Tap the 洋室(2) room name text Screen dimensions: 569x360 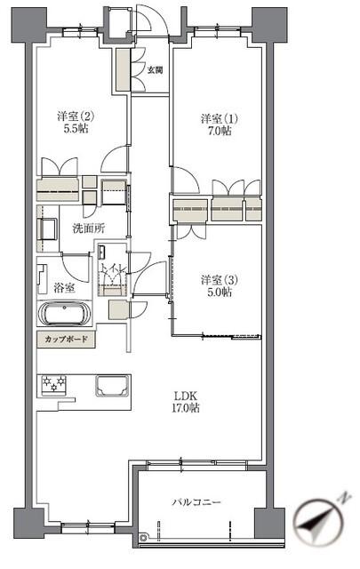[x=76, y=116]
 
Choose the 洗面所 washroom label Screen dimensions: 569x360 [x=88, y=228]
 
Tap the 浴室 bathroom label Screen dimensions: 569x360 [x=63, y=288]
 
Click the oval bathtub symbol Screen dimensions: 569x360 [x=63, y=316]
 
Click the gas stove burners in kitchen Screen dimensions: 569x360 [x=53, y=385]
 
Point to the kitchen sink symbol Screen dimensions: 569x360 [x=112, y=386]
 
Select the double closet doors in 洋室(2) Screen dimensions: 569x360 [x=58, y=167]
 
